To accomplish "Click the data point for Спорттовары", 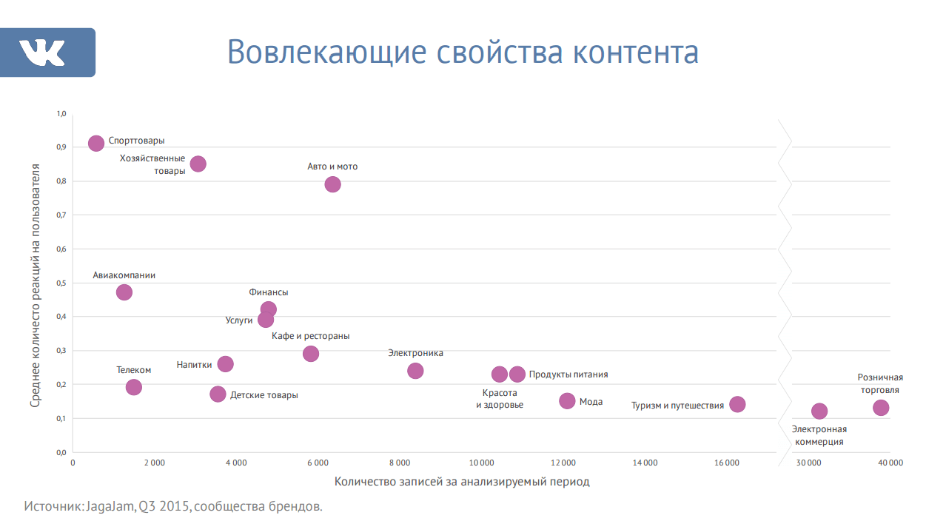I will [96, 143].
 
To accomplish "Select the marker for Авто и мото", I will [333, 184].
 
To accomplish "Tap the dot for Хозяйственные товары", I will [198, 164].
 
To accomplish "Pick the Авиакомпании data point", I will [124, 292].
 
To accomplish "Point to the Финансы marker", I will [269, 309].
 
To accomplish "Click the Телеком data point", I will [134, 387].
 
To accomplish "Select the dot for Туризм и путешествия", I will [737, 404].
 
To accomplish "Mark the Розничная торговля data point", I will [881, 407].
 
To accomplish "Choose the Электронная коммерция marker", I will [819, 411].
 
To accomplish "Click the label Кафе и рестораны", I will [310, 336].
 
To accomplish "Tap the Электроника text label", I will [415, 353].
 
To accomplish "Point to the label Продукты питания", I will [568, 374].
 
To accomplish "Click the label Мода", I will [591, 402].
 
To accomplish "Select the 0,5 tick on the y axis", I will [61, 283].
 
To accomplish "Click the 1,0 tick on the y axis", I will [61, 114].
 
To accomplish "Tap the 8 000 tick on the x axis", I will [399, 463].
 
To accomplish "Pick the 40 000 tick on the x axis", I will [890, 463].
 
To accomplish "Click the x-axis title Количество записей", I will [462, 482].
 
